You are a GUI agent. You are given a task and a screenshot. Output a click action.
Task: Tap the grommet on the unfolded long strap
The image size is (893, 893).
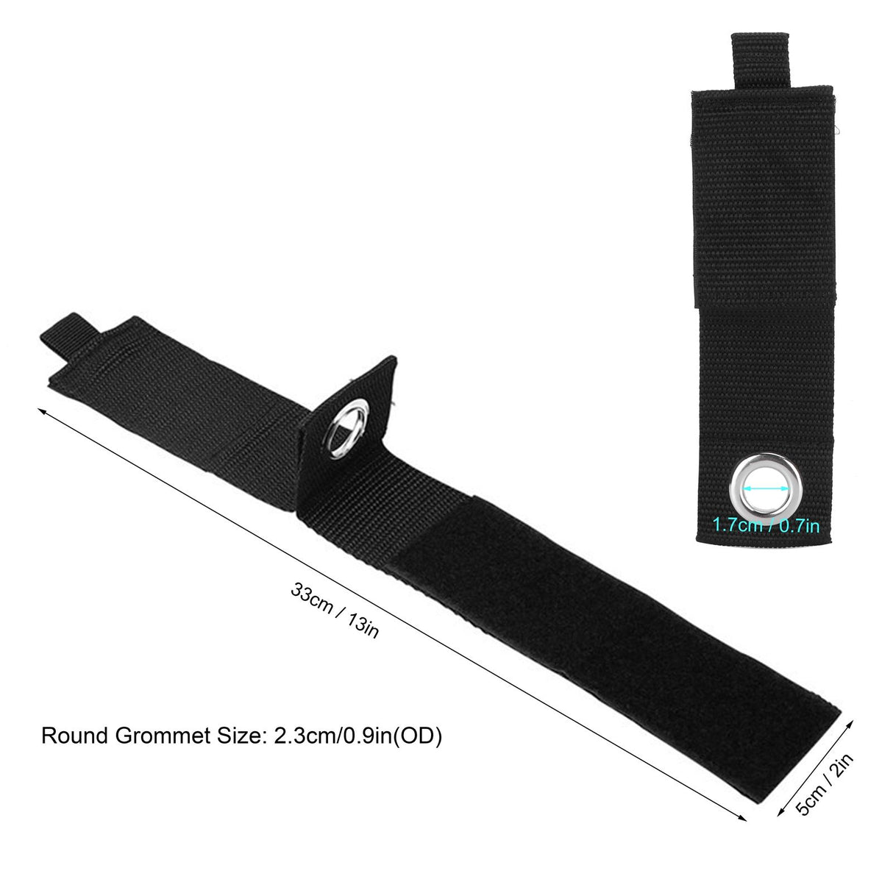[346, 429]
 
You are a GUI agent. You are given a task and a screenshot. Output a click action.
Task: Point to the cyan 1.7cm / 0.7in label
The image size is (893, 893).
[766, 526]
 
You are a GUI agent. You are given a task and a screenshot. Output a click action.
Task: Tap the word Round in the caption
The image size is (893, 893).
[76, 736]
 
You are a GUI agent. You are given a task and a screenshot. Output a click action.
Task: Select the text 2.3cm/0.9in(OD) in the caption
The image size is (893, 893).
[357, 736]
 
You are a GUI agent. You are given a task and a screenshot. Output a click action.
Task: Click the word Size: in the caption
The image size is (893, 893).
[242, 736]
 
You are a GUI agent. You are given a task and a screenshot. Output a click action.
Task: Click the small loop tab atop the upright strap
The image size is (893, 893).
[760, 60]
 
